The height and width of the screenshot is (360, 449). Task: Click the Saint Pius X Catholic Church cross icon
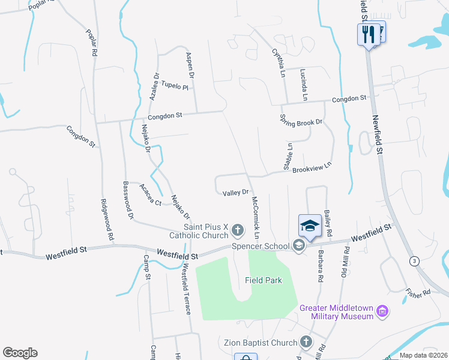tap(238, 230)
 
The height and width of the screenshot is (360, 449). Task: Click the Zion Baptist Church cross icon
tap(306, 343)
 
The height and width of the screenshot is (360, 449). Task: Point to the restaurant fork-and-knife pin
tap(367, 34)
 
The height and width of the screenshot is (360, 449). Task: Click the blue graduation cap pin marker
tap(310, 226)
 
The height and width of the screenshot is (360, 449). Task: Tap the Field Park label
tap(264, 280)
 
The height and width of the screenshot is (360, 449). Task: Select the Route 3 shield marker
tap(414, 260)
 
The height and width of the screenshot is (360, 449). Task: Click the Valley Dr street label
tap(235, 193)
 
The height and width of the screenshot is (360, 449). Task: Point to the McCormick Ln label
tap(255, 217)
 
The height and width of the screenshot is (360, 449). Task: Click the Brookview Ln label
tap(312, 167)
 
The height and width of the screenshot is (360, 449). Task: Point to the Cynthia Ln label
tap(278, 59)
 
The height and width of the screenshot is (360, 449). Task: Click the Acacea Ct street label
tap(150, 195)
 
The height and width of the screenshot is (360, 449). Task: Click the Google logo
tap(20, 353)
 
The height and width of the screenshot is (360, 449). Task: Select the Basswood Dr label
tap(127, 200)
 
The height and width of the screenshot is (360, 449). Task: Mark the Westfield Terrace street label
tap(186, 290)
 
